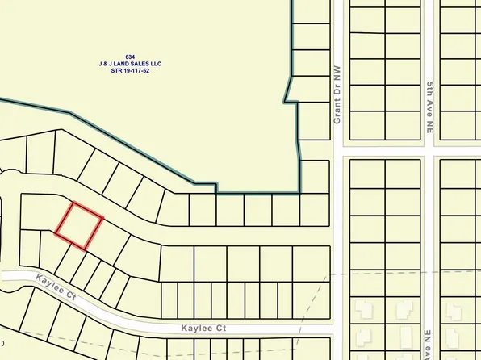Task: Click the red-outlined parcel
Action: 79,224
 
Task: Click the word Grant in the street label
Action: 338,112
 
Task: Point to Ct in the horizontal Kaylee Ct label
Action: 220,329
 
